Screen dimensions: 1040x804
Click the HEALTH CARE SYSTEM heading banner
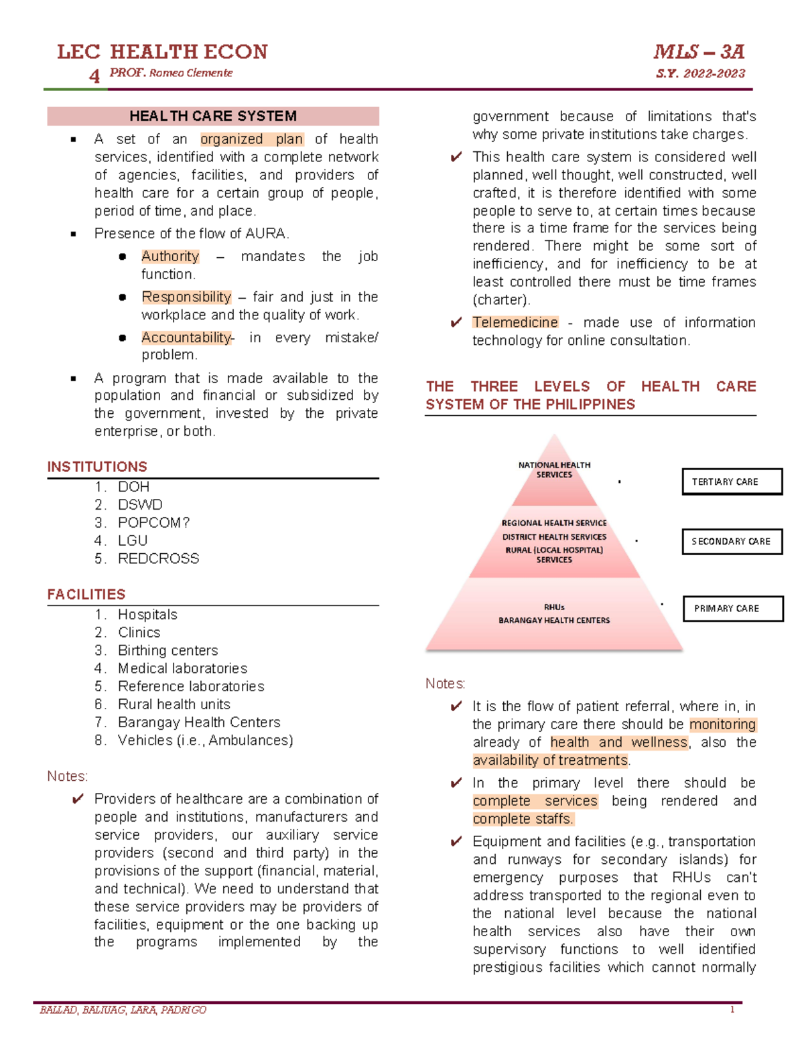point(213,116)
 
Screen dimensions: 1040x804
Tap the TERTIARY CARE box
point(732,481)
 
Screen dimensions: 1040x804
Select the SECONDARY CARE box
point(732,541)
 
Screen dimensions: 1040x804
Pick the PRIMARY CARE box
point(732,609)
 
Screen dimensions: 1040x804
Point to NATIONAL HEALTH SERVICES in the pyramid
point(554,469)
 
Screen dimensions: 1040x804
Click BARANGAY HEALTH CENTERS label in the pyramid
point(554,620)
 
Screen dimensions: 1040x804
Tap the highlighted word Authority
point(170,256)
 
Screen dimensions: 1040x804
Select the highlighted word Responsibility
point(186,297)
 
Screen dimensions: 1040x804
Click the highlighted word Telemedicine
point(515,323)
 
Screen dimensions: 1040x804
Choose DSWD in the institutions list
point(140,505)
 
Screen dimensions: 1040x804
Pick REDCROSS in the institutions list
point(158,559)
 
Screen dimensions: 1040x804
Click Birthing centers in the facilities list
point(167,650)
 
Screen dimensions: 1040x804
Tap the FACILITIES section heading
point(86,595)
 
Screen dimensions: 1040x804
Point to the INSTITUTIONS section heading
point(97,467)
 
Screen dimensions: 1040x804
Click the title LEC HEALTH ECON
point(162,52)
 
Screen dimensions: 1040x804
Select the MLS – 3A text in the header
point(699,52)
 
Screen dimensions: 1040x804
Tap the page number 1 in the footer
point(732,1009)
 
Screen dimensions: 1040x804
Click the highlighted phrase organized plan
point(252,139)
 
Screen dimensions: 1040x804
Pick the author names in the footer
point(123,1010)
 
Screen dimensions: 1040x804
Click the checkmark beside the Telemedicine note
point(456,323)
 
